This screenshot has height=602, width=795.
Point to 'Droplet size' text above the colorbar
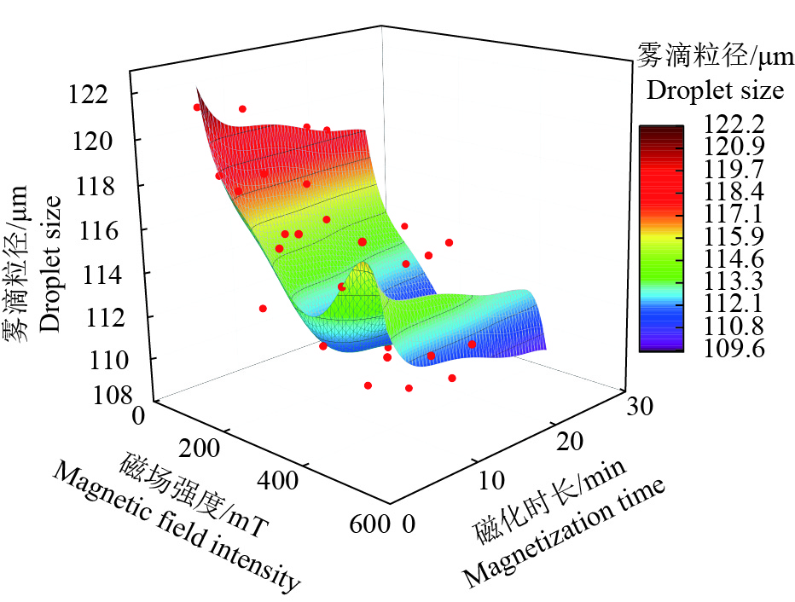pos(715,90)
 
